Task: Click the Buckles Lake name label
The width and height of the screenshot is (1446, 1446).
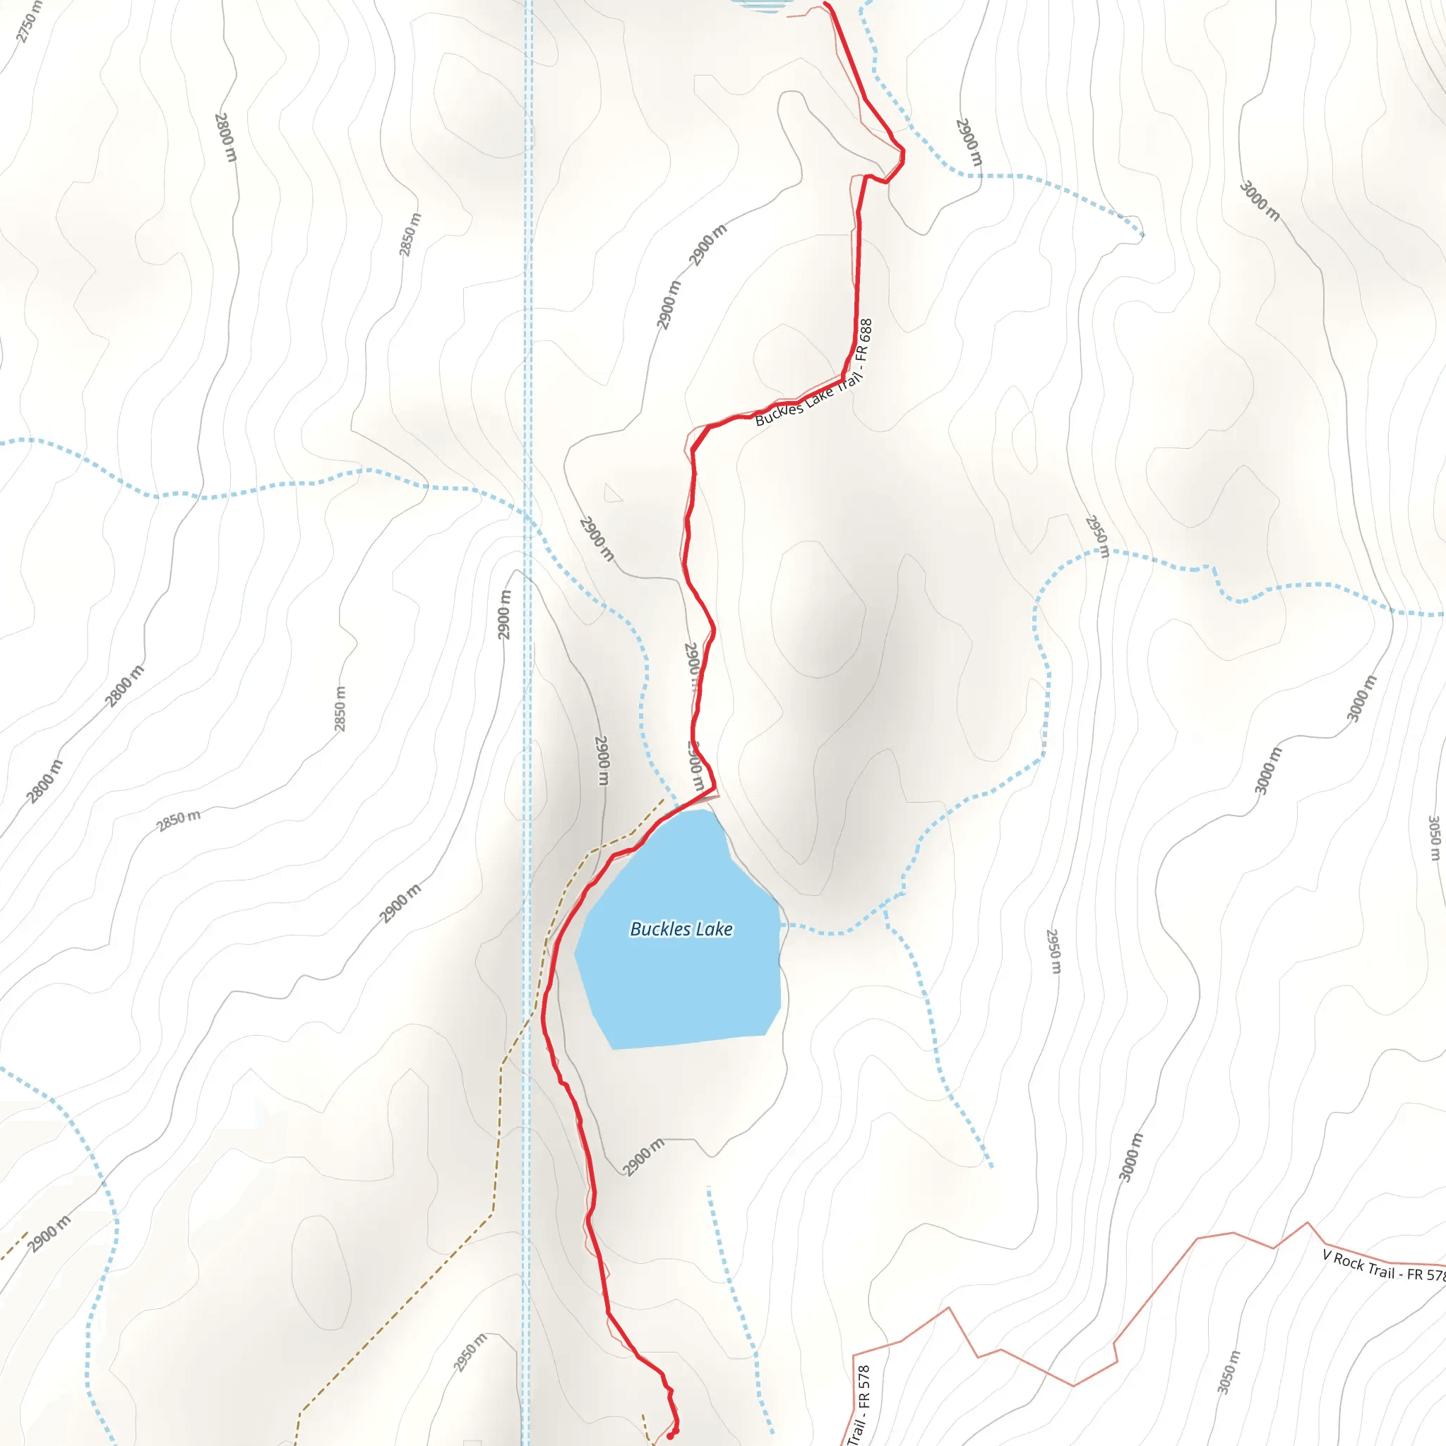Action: coord(681,929)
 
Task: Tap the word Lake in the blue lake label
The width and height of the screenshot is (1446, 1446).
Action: coord(713,929)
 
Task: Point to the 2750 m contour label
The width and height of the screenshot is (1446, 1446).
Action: coord(30,23)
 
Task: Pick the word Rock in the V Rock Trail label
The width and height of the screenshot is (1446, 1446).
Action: coord(1349,1260)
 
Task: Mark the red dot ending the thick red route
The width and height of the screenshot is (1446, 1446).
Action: coord(671,1436)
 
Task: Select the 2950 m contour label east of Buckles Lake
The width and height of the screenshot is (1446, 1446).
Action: coord(1053,951)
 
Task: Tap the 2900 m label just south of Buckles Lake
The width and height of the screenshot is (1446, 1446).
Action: coord(643,1157)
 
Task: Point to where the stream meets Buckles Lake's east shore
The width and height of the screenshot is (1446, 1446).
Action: coord(782,926)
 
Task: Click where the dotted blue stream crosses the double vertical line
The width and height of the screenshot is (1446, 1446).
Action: coord(527,516)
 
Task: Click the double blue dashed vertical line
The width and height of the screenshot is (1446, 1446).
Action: coord(527,299)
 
